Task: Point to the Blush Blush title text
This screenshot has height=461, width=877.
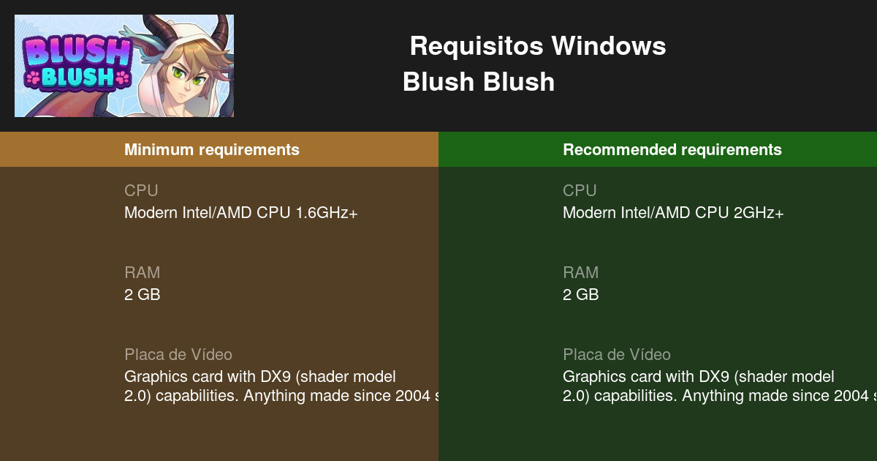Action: click(479, 82)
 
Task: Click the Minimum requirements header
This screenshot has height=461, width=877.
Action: click(212, 150)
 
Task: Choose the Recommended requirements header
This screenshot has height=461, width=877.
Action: click(672, 150)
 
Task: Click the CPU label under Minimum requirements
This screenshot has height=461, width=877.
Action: click(141, 191)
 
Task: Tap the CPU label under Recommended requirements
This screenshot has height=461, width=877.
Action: click(580, 191)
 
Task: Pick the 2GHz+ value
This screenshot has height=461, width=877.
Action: click(758, 213)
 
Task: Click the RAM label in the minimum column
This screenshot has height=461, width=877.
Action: click(142, 273)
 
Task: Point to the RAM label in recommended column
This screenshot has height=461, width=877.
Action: click(580, 273)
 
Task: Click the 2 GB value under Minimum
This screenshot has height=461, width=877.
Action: click(142, 295)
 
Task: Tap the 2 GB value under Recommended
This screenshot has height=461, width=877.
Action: click(580, 295)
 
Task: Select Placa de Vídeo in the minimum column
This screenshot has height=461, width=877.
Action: click(178, 355)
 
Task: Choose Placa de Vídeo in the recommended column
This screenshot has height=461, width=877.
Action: click(617, 355)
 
